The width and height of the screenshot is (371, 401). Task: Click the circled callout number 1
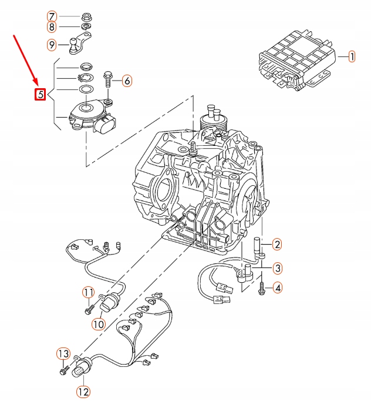click(x=352, y=57)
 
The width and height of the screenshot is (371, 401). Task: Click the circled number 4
click(x=277, y=288)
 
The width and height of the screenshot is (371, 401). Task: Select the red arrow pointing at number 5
click(x=25, y=59)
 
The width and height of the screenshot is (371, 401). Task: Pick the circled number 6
click(x=127, y=81)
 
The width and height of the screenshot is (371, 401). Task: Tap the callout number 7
click(x=52, y=16)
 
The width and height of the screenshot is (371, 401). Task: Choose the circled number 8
click(x=52, y=27)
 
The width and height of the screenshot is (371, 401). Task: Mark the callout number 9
click(x=52, y=44)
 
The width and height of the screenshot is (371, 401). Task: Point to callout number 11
click(x=87, y=292)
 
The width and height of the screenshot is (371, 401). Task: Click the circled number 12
click(x=82, y=391)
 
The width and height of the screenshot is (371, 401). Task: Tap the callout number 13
click(x=63, y=353)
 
